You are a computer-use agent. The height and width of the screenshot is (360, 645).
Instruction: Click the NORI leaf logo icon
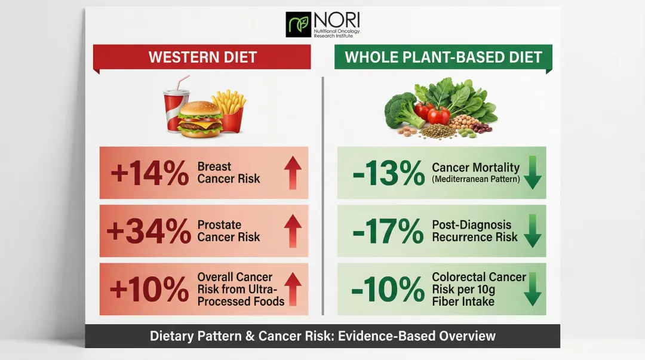coord(299,24)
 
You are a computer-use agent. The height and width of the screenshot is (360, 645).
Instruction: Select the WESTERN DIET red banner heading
coord(202,57)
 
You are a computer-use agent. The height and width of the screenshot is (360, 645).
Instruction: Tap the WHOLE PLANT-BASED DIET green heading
coord(443,57)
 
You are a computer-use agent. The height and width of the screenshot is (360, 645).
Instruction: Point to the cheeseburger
coord(201,119)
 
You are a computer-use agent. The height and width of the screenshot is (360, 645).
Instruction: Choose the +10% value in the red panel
coord(150,289)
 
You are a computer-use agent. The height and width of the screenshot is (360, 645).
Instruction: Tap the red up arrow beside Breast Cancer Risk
coord(291,173)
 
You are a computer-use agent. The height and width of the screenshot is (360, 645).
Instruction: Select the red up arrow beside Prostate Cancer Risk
coord(291,231)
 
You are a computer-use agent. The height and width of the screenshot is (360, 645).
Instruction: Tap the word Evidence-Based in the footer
coord(387,336)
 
